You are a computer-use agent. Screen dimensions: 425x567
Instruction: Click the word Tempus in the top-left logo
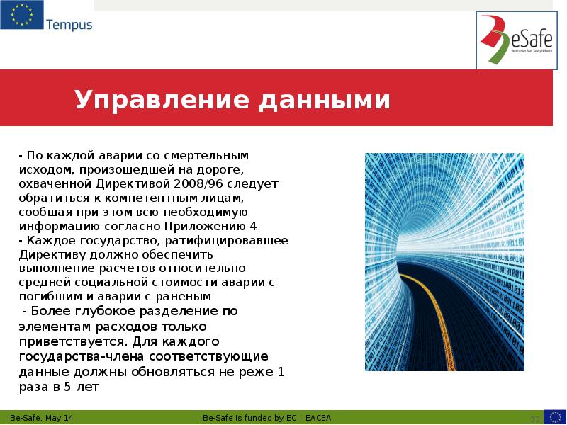coord(69,25)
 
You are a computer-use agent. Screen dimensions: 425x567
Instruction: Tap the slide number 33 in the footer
coord(535,418)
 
